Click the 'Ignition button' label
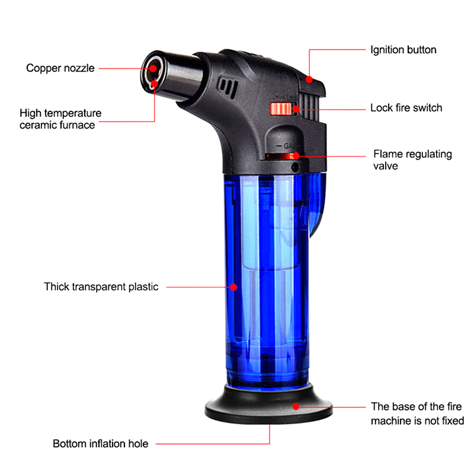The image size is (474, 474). (x=403, y=50)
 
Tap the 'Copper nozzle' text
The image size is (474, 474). (x=60, y=68)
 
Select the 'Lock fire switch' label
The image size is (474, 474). (x=406, y=108)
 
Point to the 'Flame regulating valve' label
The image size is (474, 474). (x=412, y=160)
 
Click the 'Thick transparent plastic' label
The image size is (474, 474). (x=101, y=287)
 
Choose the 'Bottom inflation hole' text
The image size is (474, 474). (x=100, y=443)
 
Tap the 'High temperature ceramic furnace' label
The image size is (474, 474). (x=60, y=119)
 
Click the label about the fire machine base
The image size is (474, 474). (x=417, y=414)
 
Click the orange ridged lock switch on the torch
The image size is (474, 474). (x=281, y=109)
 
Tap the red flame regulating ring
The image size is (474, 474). (x=281, y=156)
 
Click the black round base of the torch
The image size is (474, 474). (x=268, y=405)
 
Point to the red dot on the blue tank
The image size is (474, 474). (x=233, y=287)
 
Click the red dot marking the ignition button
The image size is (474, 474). (x=309, y=79)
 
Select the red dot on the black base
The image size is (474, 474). (x=296, y=406)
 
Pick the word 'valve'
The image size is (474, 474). (x=386, y=166)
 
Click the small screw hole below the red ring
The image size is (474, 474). (x=294, y=167)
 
